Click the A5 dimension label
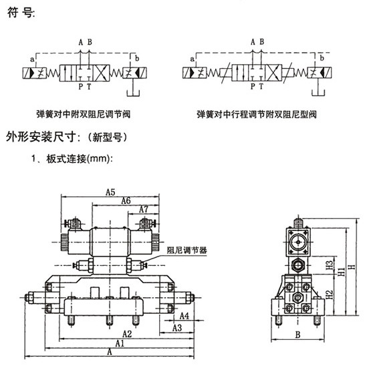tap(110, 192)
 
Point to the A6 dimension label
tap(126, 201)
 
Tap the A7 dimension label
tap(143, 209)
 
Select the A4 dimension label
tap(184, 316)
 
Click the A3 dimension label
tap(177, 328)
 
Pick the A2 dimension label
tap(127, 334)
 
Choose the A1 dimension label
tap(120, 343)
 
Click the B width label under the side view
tap(297, 335)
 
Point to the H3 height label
tap(329, 265)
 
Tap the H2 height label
tap(329, 295)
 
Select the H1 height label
tap(342, 271)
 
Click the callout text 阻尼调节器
tap(187, 250)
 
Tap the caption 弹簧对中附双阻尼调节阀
tap(84, 114)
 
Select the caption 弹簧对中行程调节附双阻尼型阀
tap(257, 114)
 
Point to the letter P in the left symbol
tap(81, 86)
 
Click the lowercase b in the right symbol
tap(322, 58)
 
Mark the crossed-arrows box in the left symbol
tap(102, 73)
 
